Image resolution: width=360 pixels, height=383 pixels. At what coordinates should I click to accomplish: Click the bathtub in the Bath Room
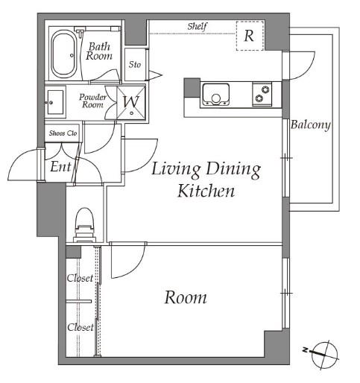pos(63,54)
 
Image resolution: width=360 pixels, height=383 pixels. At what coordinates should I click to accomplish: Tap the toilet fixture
pos(85,225)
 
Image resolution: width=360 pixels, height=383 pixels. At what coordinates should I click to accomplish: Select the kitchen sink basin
pos(215,94)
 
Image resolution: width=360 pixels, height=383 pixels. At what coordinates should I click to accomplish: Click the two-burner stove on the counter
pos(262,94)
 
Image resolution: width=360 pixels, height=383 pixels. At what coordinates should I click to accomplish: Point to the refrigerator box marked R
pos(250,36)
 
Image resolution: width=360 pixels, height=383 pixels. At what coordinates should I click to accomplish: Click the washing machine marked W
pos(131,103)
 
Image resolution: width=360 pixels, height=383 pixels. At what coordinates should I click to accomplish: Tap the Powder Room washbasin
pos(55,102)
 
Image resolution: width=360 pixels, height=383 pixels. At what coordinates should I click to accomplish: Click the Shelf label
pos(198,26)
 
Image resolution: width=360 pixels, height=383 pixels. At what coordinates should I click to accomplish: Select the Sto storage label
pos(135,65)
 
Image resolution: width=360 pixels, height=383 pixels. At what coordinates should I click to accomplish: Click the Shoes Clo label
pos(63,133)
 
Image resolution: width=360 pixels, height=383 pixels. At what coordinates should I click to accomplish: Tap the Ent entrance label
pos(60,166)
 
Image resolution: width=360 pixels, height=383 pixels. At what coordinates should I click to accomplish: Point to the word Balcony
pos(311,124)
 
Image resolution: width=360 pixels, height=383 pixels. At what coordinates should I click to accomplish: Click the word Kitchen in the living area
pos(206,191)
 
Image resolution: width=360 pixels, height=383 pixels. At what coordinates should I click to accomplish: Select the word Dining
pos(233,170)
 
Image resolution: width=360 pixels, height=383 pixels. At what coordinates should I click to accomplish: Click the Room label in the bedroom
pos(186,297)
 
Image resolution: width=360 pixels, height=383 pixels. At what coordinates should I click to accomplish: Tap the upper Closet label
pos(80,278)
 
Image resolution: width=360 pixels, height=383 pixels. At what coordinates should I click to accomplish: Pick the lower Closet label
pos(80,327)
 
